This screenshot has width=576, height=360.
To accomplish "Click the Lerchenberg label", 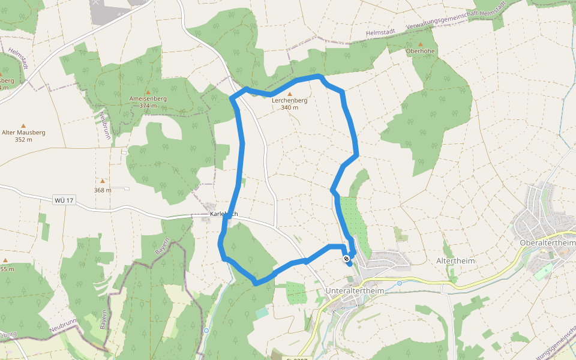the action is [289, 101].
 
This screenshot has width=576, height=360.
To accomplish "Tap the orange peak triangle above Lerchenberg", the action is [290, 94].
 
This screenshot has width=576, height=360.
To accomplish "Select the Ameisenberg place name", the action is [148, 98].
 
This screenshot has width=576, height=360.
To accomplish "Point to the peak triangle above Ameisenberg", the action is [148, 91].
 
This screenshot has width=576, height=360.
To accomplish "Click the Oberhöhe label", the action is [420, 51].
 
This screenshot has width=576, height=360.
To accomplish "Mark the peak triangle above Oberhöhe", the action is [420, 44].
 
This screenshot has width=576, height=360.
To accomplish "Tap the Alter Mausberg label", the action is [23, 133].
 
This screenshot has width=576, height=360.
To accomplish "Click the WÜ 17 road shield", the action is [63, 200].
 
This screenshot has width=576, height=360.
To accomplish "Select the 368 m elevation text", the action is [103, 190].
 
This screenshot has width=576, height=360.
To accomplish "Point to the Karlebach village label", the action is [224, 214].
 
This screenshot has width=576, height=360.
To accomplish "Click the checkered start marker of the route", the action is [346, 259].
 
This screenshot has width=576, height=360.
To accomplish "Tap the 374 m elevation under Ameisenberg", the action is [148, 106].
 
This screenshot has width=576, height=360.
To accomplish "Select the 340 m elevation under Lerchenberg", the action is [289, 108].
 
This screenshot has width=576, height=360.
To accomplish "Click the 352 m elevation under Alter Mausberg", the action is [23, 140].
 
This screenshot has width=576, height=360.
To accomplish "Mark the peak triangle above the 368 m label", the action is [103, 181].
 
